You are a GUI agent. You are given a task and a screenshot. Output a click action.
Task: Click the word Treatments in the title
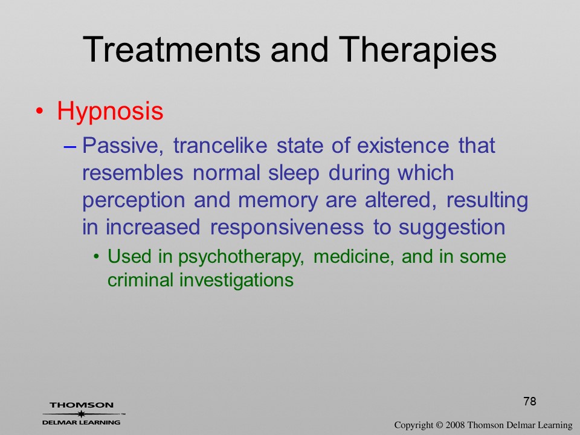tap(172, 50)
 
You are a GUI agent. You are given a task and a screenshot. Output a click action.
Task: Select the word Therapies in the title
tap(417, 50)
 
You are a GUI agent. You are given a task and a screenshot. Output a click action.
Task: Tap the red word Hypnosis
tap(110, 112)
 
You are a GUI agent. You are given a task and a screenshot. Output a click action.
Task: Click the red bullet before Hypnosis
tap(40, 111)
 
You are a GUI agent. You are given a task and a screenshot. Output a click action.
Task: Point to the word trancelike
tap(220, 145)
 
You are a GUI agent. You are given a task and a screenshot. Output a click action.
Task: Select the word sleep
tap(294, 173)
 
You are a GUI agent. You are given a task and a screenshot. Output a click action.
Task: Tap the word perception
tap(134, 201)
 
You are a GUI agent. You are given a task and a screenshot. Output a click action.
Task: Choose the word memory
tap(279, 201)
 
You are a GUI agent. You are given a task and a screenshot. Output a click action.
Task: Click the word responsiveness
tap(287, 228)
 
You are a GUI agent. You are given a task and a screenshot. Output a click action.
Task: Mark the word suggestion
tap(452, 228)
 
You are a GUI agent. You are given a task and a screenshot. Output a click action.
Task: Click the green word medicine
tap(353, 257)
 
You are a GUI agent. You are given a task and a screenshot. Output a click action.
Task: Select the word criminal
tap(140, 280)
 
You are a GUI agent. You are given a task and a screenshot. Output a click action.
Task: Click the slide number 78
tap(530, 401)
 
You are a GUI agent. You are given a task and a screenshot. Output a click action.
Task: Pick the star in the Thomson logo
tap(82, 414)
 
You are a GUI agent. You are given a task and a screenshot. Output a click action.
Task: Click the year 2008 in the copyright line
tap(455, 425)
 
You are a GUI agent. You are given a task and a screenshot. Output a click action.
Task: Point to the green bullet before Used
tap(97, 257)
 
